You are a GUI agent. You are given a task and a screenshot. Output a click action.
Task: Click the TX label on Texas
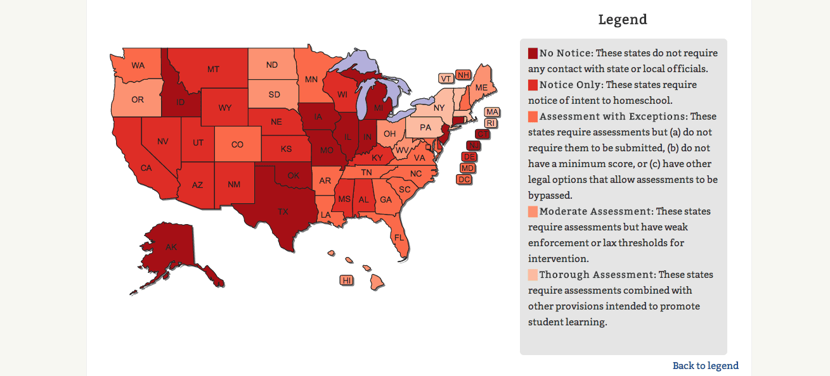tap(283, 211)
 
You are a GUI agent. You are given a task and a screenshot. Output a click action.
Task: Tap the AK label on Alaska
tap(171, 247)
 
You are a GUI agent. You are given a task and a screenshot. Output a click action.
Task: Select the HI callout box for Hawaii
tap(347, 280)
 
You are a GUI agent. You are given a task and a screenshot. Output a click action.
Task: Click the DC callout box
tap(464, 179)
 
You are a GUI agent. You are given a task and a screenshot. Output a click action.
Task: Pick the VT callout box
tap(446, 78)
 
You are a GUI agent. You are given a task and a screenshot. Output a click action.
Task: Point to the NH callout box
tap(464, 75)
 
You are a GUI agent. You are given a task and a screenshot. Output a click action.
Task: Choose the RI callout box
tap(490, 123)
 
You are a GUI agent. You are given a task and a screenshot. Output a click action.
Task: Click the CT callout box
tap(483, 134)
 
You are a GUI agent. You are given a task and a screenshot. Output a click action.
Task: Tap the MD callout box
tap(467, 168)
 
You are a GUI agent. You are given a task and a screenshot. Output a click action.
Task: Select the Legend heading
tap(623, 20)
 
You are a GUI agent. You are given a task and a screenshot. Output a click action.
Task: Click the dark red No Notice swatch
tap(533, 53)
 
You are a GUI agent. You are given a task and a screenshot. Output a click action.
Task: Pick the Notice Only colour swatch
tap(533, 85)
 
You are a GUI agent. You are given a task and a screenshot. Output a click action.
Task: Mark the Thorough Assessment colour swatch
tap(533, 275)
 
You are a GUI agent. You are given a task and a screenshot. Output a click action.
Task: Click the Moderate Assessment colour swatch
tap(533, 211)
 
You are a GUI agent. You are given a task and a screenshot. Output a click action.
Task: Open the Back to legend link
tap(705, 365)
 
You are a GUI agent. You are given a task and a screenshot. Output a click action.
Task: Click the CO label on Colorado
tap(237, 144)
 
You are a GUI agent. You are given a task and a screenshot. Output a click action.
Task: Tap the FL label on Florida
tap(399, 237)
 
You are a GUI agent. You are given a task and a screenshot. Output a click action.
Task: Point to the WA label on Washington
tap(138, 65)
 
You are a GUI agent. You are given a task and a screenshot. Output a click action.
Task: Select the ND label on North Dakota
tap(271, 65)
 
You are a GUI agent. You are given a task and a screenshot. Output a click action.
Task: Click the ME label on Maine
tap(482, 87)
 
